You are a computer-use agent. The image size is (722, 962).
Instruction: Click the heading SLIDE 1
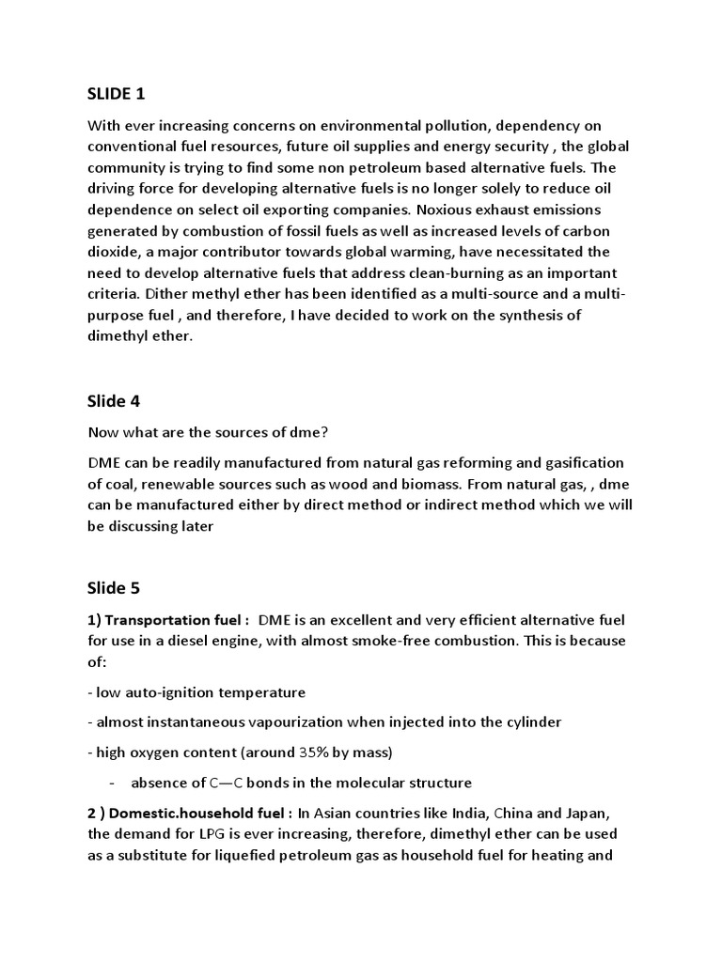tap(117, 93)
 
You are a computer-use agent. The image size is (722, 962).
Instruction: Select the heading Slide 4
tap(114, 401)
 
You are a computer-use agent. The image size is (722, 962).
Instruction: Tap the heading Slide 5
tap(114, 589)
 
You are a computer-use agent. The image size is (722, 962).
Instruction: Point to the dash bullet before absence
tap(112, 783)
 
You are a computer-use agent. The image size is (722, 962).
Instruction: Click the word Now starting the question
tap(103, 432)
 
